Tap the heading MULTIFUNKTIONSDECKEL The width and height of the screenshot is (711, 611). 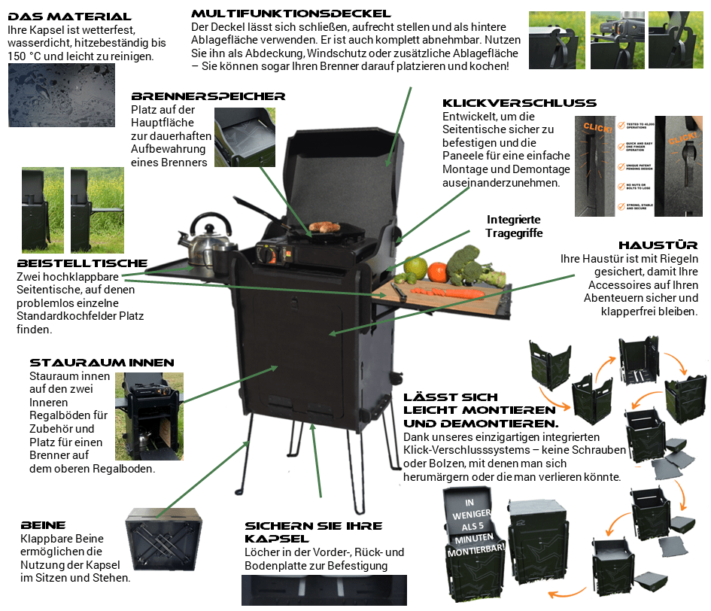290,14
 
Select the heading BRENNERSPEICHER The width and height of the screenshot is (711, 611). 208,96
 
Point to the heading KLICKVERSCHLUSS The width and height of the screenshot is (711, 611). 519,103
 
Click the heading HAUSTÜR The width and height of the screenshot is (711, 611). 658,245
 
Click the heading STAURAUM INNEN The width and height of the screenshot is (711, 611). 102,363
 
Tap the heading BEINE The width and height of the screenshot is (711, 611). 44,525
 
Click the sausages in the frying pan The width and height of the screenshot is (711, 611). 326,226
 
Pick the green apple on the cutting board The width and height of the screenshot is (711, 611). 415,267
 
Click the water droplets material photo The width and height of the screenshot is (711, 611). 56,95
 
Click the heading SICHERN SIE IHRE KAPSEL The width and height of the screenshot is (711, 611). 314,531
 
